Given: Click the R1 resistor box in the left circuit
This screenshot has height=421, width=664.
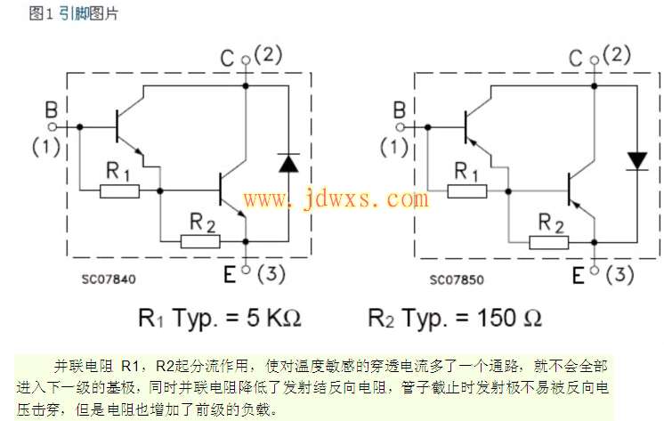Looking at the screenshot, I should pos(118,190).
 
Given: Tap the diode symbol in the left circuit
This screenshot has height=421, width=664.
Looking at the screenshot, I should pos(287,162).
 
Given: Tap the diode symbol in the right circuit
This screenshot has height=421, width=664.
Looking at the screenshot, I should pos(636,160).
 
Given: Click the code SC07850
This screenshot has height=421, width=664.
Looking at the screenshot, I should pos(457,279).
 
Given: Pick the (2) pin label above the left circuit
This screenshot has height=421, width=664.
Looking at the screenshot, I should pos(270,54).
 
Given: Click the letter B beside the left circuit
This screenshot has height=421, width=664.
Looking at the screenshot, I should pos(51,109).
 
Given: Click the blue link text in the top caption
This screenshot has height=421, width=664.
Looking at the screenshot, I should pos(77,14).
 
